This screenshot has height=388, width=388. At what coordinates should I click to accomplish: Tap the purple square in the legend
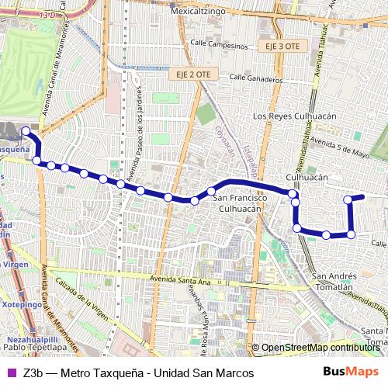pos(10,373)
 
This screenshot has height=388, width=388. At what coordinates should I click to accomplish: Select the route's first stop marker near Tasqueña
pos(26,131)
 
